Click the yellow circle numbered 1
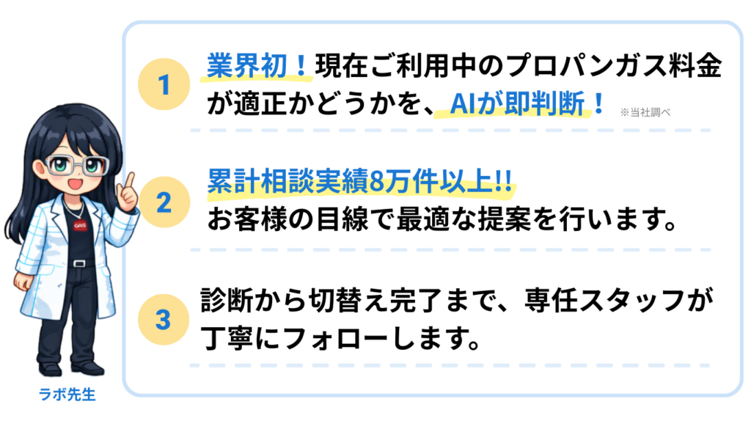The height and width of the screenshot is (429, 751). (164, 84)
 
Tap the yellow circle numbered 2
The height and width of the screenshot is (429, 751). (164, 201)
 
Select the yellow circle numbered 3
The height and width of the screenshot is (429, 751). (164, 319)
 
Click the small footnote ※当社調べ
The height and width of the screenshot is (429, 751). (645, 112)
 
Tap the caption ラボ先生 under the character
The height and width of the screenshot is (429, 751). (67, 395)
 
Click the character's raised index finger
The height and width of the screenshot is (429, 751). (131, 180)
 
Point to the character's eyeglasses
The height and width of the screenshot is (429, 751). (76, 165)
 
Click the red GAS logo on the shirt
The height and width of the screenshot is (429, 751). (80, 226)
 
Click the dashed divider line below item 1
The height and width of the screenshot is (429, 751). (450, 131)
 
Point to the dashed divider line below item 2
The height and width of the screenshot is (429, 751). (450, 249)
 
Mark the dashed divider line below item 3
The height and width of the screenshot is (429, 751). (450, 364)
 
